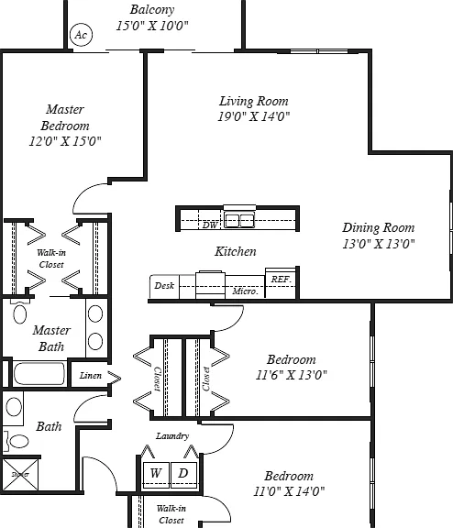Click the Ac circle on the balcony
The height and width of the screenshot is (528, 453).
click(x=81, y=34)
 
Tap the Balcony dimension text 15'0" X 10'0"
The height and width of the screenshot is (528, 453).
click(x=152, y=26)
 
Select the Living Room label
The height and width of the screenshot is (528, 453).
click(x=254, y=101)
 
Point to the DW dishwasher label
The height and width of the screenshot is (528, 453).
click(x=210, y=225)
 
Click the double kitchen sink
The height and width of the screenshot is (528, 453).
click(x=239, y=221)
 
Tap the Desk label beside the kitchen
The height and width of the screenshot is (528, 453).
click(x=164, y=286)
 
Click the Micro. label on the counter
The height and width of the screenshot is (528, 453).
click(x=245, y=291)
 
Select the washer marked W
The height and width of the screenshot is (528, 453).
click(x=155, y=475)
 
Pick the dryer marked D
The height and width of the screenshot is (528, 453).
click(x=183, y=475)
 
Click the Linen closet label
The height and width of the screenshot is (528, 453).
click(x=91, y=375)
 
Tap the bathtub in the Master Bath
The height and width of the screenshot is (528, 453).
click(x=39, y=373)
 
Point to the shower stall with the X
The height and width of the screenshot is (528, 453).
click(x=20, y=474)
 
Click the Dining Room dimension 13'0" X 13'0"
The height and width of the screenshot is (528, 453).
click(x=379, y=244)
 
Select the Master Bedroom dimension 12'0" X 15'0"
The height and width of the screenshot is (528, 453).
click(x=65, y=141)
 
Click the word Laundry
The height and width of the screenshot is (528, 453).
click(x=172, y=436)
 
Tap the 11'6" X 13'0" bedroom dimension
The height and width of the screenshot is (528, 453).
click(x=292, y=375)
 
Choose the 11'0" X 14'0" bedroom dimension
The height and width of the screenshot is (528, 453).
click(x=289, y=491)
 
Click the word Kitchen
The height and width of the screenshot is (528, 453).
click(x=236, y=251)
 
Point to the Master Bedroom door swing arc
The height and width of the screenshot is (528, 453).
click(x=83, y=192)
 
